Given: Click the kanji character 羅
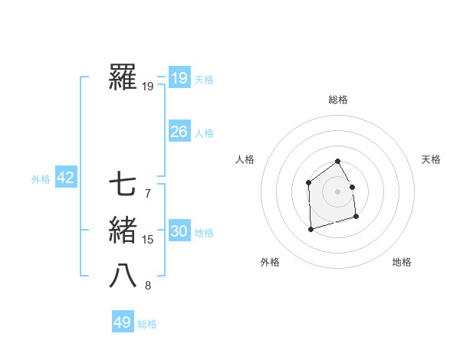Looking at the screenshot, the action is (123, 78).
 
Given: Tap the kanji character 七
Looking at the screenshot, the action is (123, 184).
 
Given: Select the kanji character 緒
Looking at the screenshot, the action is (123, 231).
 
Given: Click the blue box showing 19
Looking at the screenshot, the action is (179, 77).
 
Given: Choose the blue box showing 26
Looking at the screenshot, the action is (179, 132).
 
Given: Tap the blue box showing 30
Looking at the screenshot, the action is (179, 231).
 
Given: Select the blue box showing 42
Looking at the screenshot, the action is (65, 178).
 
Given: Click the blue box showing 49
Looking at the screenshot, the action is (123, 322).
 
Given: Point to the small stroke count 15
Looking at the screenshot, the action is (148, 241).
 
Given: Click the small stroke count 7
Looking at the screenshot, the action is (148, 193).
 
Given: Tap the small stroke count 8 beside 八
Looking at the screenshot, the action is (148, 286).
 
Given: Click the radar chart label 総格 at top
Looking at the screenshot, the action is (338, 100).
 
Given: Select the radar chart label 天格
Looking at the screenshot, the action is (432, 159).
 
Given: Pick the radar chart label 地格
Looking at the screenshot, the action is (402, 262).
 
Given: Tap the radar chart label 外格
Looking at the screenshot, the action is (270, 262).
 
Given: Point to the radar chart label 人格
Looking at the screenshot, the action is (245, 159).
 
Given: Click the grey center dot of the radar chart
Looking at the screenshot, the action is (337, 191).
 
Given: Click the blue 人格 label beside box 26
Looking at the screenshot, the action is (204, 133).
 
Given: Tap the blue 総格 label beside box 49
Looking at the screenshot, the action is (147, 324).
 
